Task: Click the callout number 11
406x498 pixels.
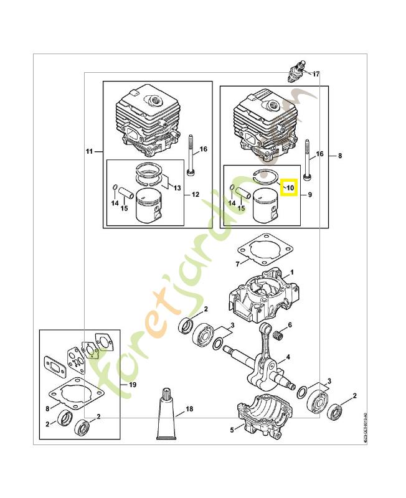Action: [89, 151]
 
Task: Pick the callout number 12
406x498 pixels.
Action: [195, 194]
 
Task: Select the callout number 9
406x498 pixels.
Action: [309, 195]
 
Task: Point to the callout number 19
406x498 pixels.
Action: [131, 385]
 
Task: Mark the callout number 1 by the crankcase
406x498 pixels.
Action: [291, 273]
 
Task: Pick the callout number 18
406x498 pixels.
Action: [190, 410]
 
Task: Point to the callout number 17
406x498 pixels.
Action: [316, 74]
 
